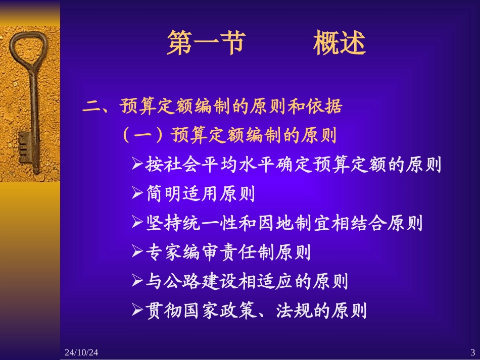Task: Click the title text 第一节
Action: coord(205,43)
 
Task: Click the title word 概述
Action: coord(339,43)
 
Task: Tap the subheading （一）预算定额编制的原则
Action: coord(229,135)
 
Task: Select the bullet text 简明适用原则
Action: coord(200,194)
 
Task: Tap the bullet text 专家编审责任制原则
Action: coord(228,252)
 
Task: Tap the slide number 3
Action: coord(472,352)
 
